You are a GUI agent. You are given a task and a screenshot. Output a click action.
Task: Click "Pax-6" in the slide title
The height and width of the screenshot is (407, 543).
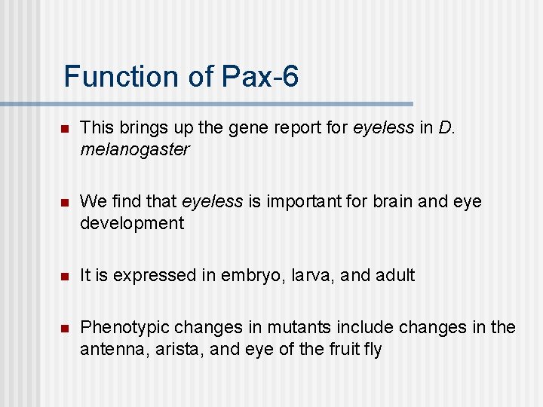(x=260, y=77)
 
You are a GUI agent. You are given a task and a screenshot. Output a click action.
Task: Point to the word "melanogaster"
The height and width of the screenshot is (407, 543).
(x=134, y=149)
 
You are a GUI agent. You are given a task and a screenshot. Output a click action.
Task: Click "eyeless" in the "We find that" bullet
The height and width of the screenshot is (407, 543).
(x=212, y=201)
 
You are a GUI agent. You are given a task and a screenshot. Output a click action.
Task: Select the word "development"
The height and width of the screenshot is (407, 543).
(x=132, y=223)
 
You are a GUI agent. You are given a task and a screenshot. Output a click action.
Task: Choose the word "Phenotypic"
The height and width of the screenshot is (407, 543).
(x=124, y=327)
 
